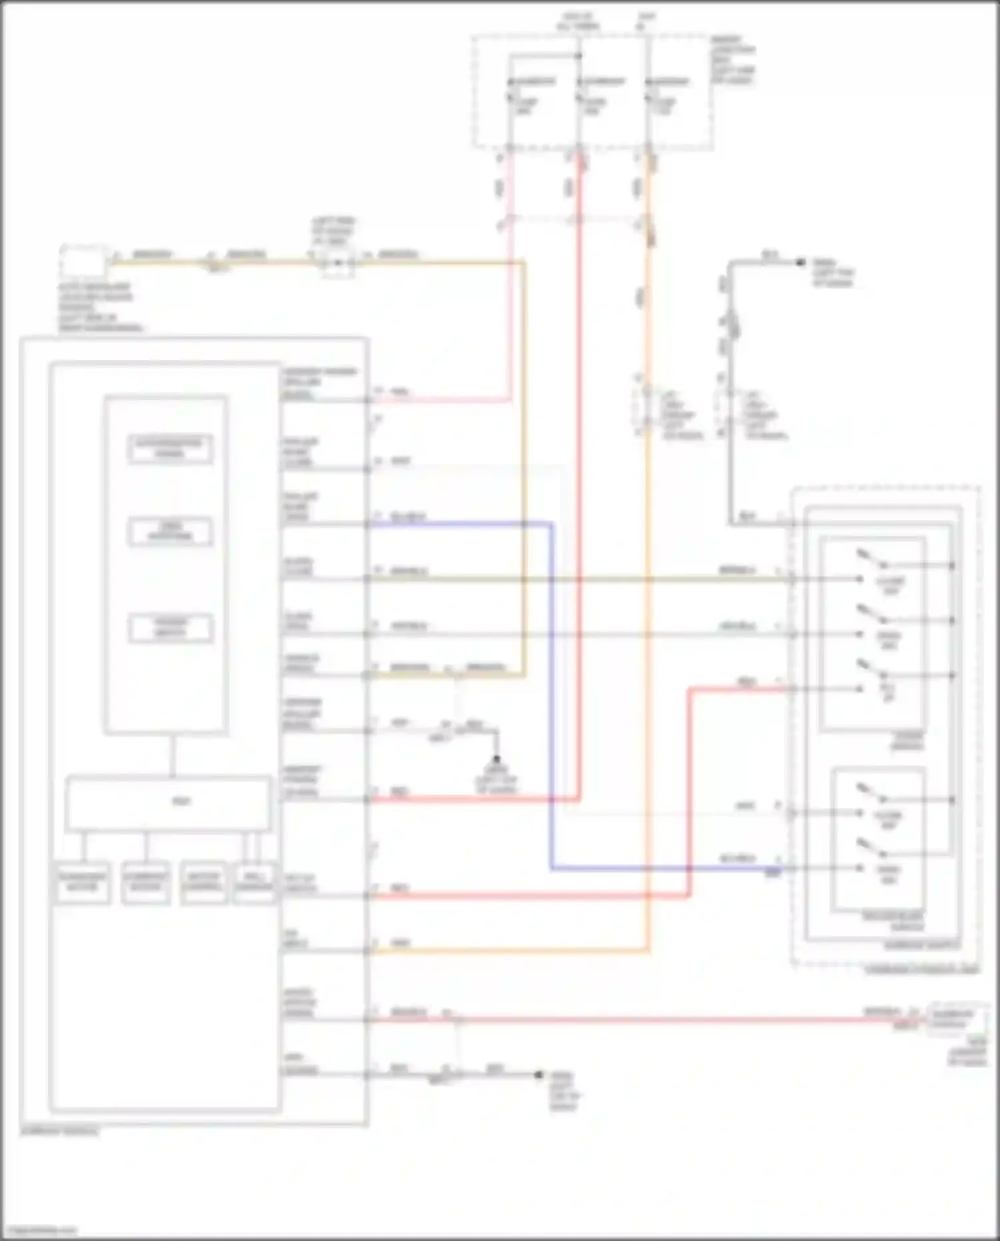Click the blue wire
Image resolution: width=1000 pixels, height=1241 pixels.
click(551, 700)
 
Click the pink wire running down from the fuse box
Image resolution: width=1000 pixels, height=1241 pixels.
click(510, 300)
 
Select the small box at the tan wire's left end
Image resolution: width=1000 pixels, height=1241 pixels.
click(83, 261)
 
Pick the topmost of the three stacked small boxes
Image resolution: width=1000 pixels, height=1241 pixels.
click(170, 449)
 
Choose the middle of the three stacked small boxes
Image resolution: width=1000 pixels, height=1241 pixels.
click(170, 531)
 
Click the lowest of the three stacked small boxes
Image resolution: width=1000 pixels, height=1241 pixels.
click(170, 628)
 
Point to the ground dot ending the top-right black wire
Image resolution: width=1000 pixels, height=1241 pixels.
click(801, 263)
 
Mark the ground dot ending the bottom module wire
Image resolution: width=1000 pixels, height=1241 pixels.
click(539, 1074)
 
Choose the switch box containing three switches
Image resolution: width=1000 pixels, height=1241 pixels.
click(872, 634)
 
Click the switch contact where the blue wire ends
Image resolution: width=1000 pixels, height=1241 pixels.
click(861, 869)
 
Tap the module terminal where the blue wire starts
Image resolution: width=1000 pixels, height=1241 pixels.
click(367, 524)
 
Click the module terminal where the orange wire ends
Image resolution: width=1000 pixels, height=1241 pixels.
click(367, 952)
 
